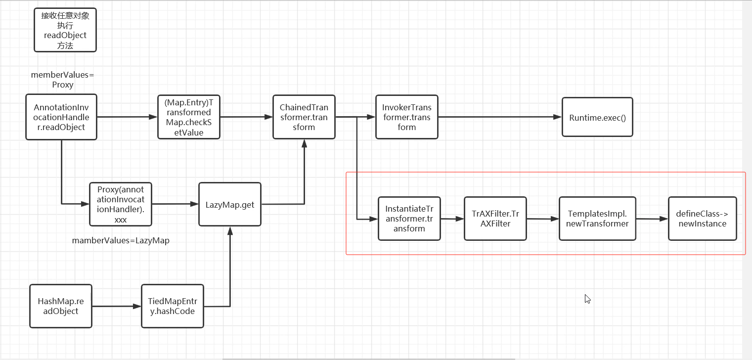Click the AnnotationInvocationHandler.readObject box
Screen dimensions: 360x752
61,117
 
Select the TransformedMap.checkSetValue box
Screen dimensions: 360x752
188,117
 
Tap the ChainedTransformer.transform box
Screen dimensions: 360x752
304,117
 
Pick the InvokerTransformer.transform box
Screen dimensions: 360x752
406,117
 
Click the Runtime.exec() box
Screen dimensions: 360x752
597,117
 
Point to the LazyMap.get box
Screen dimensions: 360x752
230,204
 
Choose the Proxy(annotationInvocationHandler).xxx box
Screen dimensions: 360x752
120,204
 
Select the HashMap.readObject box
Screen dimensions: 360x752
61,306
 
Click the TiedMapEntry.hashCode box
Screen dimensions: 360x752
172,306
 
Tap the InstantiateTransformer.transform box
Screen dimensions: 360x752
409,219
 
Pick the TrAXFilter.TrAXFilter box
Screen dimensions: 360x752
495,219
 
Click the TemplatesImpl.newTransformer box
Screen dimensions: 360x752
597,219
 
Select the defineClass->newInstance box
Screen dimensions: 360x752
702,219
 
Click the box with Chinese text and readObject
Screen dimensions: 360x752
65,30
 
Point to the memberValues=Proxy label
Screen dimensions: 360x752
62,80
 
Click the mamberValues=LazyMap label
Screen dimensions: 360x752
121,241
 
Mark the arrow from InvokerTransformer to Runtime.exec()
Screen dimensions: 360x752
499,117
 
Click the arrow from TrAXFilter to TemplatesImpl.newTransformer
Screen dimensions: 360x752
543,219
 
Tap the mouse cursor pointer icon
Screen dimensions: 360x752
587,299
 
